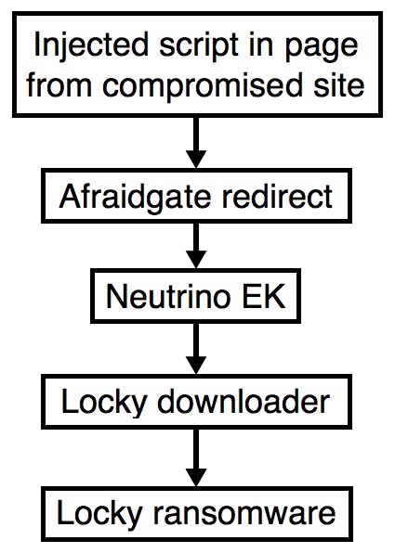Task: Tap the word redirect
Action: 277,196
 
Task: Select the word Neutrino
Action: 166,296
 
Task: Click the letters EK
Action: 263,296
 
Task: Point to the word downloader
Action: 244,402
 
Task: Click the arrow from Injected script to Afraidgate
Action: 196,142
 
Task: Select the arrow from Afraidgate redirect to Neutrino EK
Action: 196,246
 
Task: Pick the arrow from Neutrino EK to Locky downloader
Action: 196,349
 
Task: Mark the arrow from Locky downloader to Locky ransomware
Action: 196,457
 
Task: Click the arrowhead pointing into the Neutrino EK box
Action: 196,259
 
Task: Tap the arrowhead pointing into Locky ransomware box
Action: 196,477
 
